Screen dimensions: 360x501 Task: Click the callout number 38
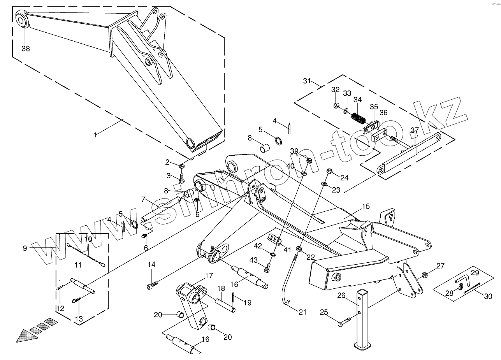coord(26,49)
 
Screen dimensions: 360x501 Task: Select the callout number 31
coord(307,81)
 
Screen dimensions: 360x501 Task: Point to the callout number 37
coord(415,130)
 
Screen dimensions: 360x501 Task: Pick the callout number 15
coord(366,206)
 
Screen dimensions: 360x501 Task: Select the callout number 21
coord(303,312)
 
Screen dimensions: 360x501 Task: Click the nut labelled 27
coord(425,275)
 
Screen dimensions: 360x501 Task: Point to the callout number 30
coord(488,297)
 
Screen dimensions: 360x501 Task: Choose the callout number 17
coord(209,276)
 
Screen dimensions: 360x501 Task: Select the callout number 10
coord(88,239)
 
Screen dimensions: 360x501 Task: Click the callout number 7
coord(143,200)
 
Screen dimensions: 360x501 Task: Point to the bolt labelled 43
coord(267,268)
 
